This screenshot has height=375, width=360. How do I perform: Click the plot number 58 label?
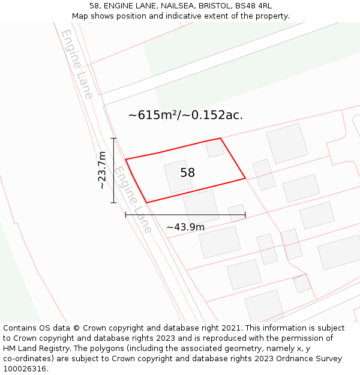tap(187, 173)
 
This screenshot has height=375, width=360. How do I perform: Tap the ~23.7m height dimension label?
tap(103, 170)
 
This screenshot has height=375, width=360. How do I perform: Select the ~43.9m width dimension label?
tap(185, 227)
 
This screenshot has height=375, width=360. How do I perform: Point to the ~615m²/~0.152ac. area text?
tap(185, 115)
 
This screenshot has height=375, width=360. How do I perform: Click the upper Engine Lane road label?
tap(77, 64)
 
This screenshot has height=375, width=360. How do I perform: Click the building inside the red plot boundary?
tap(178, 176)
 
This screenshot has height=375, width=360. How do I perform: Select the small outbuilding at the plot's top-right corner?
tap(215, 148)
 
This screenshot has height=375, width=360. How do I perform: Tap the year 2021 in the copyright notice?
tap(232, 328)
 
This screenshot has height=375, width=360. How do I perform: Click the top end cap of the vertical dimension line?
tap(113, 138)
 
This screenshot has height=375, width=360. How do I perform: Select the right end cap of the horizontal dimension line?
tap(245, 214)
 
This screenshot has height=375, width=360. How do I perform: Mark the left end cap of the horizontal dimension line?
tap(125, 214)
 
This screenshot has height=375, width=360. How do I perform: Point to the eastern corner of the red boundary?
tap(245, 178)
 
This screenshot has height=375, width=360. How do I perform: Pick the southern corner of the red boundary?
tap(146, 202)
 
